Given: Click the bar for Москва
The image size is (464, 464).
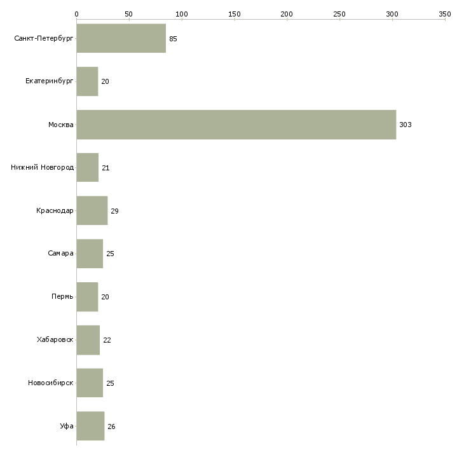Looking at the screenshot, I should (236, 125).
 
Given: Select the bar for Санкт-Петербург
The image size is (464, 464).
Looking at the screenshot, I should (121, 39).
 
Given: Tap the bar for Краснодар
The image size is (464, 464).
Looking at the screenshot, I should (92, 210).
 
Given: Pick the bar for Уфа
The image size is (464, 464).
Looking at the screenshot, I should (90, 426).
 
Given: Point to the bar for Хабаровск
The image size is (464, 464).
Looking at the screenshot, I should (88, 340).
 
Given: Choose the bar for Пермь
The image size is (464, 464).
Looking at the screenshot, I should (87, 297).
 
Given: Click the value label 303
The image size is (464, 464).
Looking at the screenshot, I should (406, 125).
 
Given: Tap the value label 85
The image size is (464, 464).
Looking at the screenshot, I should (173, 39).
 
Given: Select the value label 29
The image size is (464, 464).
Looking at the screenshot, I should (114, 211).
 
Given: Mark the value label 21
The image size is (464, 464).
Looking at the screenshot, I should (106, 168).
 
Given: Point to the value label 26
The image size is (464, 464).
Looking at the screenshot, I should (111, 426).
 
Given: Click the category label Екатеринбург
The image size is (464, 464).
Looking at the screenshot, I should (50, 81).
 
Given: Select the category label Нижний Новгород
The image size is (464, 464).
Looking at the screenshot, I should (43, 168).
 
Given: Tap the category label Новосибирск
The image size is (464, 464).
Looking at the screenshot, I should (51, 383).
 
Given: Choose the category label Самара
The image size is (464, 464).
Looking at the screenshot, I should (61, 254).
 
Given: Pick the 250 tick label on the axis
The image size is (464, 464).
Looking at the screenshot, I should (339, 13).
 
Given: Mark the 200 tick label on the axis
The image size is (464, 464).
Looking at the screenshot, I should (287, 13).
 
